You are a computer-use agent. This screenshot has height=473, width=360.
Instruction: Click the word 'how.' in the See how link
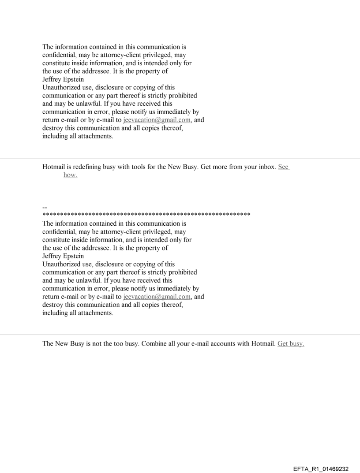click(70, 175)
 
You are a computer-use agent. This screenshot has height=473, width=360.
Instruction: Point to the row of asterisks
click(146, 215)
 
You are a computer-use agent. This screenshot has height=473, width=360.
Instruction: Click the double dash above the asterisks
click(45, 208)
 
